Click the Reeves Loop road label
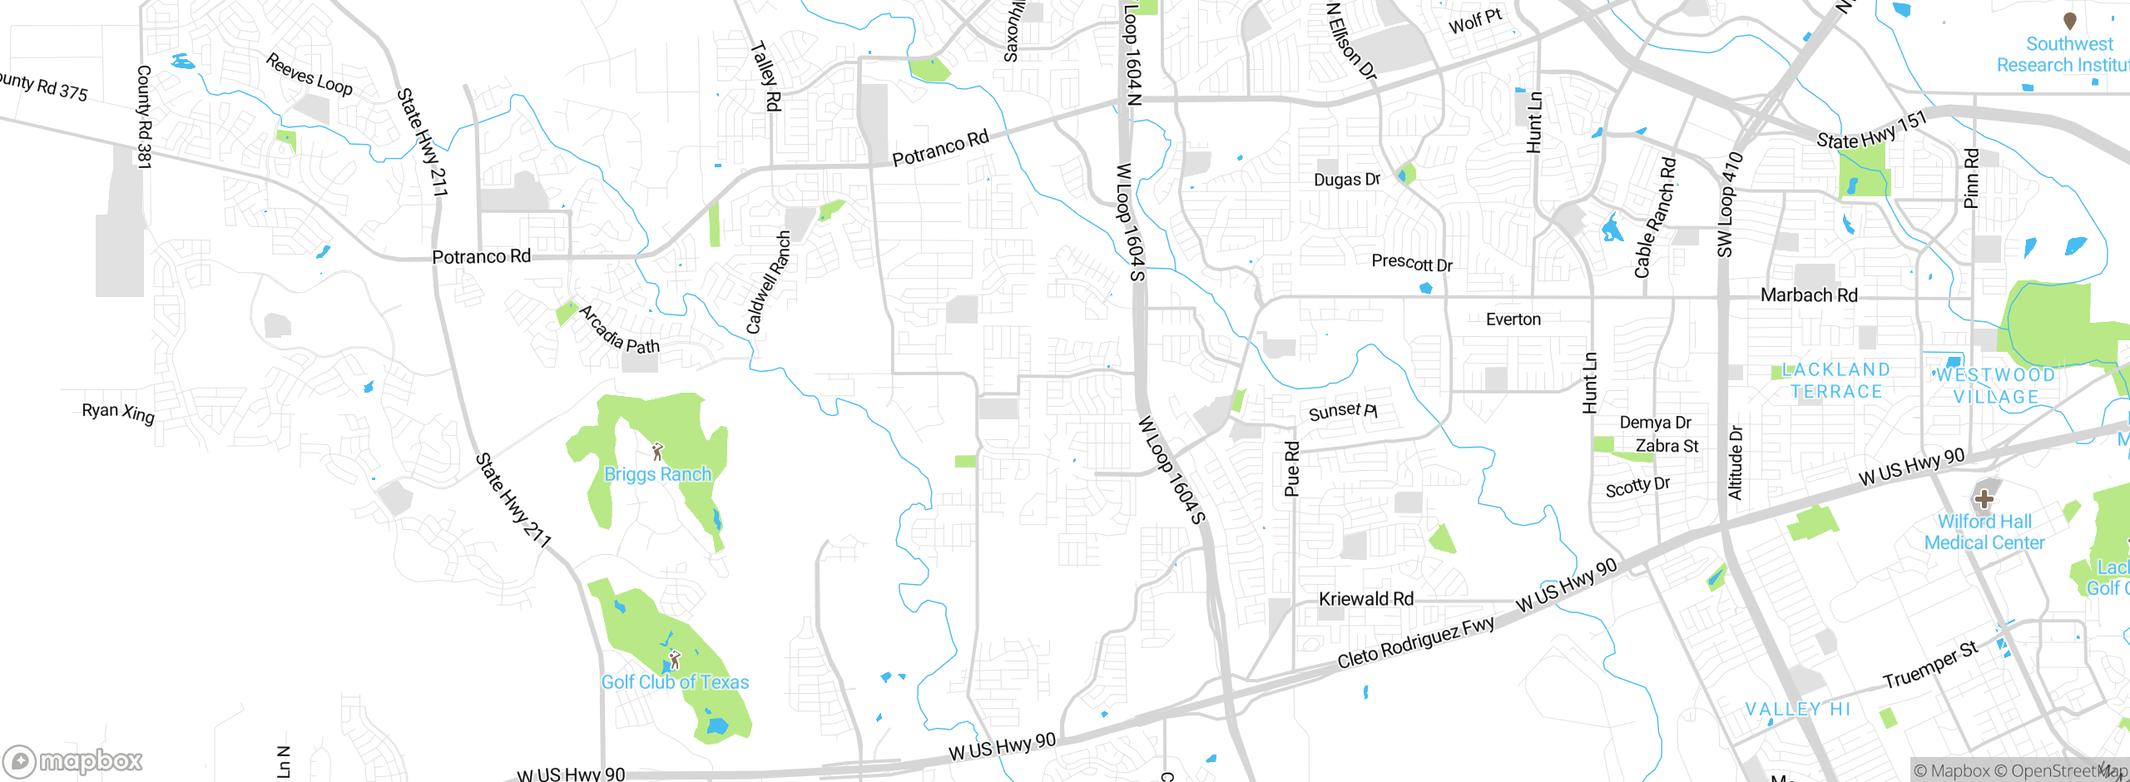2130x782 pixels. [x=310, y=74]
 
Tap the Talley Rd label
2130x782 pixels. [x=766, y=77]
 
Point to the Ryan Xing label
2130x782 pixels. [x=118, y=412]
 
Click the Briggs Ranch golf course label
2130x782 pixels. [x=657, y=474]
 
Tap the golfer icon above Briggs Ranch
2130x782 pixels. [x=658, y=452]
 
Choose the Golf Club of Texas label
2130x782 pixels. [x=675, y=682]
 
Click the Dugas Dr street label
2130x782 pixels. [x=1346, y=180]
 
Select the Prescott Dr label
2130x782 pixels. [x=1412, y=263]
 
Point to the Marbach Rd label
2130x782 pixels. [x=1808, y=295]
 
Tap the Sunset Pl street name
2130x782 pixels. [x=1342, y=411]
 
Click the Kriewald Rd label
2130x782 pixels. [x=1365, y=599]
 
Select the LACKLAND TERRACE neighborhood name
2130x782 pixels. [x=1836, y=381]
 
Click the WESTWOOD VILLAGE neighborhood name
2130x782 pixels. [x=1995, y=386]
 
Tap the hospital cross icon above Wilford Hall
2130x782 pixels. [x=1984, y=499]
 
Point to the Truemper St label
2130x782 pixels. [x=1930, y=666]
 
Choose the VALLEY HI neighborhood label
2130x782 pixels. [x=1797, y=709]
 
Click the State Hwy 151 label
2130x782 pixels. [x=1870, y=131]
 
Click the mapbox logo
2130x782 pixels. [x=73, y=760]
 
